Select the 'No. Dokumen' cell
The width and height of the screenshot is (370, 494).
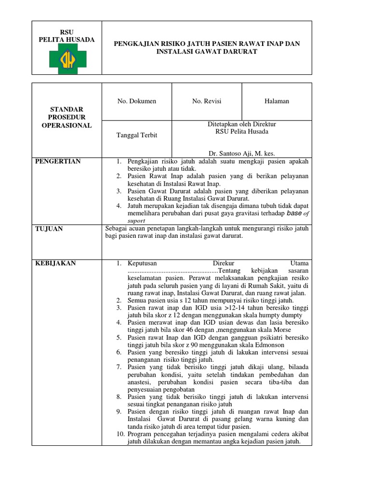tap(137, 101)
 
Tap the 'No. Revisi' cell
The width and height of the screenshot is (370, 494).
tap(207, 101)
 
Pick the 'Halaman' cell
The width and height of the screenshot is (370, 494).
tap(277, 101)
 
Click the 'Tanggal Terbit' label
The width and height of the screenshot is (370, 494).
tap(137, 135)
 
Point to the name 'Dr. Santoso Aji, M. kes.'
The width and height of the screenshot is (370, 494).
tap(241, 153)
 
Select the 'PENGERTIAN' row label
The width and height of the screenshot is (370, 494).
tap(57, 161)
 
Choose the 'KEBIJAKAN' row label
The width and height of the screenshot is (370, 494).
tap(55, 263)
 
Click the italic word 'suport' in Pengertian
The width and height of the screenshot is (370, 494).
tap(136, 220)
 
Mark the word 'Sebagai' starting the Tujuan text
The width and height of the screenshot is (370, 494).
tap(117, 229)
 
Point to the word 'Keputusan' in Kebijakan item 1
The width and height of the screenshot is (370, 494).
tap(143, 263)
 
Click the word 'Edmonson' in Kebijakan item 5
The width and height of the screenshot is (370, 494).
tap(269, 345)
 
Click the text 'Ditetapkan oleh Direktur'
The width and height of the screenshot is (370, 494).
tap(241, 124)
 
